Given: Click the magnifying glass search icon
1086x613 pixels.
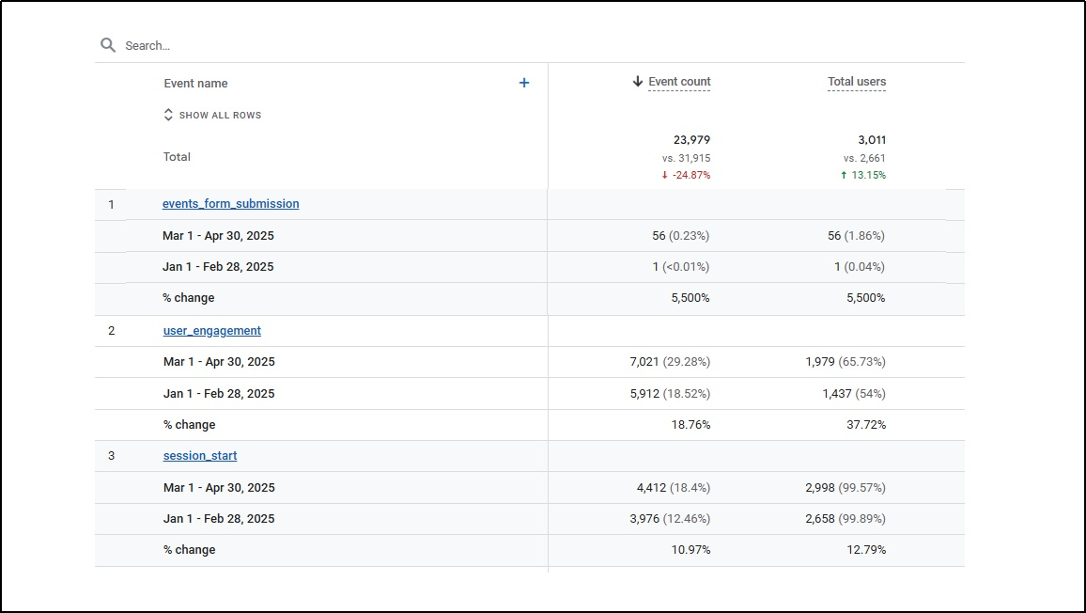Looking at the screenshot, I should pyautogui.click(x=108, y=45).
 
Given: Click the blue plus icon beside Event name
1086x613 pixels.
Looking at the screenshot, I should pyautogui.click(x=524, y=83).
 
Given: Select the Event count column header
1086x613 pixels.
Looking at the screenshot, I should pyautogui.click(x=678, y=82).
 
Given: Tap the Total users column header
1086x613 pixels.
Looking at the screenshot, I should pyautogui.click(x=856, y=82).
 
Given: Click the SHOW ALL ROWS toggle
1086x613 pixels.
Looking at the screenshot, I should pyautogui.click(x=212, y=115).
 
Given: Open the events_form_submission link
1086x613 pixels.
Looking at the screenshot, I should pyautogui.click(x=230, y=204).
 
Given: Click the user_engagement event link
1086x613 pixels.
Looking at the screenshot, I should pyautogui.click(x=211, y=331).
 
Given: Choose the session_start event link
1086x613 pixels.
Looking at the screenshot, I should pyautogui.click(x=200, y=456).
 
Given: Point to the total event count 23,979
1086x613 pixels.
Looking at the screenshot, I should pyautogui.click(x=691, y=140).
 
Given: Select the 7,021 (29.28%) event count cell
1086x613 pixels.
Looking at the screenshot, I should pyautogui.click(x=670, y=362).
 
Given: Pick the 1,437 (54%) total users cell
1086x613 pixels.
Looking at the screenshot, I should pyautogui.click(x=854, y=394).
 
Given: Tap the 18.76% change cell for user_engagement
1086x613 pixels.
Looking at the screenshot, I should pyautogui.click(x=690, y=425).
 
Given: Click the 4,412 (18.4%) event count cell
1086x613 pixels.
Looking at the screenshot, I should pyautogui.click(x=673, y=488).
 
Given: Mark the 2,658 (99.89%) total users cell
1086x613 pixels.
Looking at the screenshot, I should pyautogui.click(x=846, y=519).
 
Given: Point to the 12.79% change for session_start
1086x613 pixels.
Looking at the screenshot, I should pyautogui.click(x=866, y=550).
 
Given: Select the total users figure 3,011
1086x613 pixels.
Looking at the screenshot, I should pyautogui.click(x=872, y=140).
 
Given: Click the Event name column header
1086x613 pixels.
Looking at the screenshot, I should pyautogui.click(x=195, y=84).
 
